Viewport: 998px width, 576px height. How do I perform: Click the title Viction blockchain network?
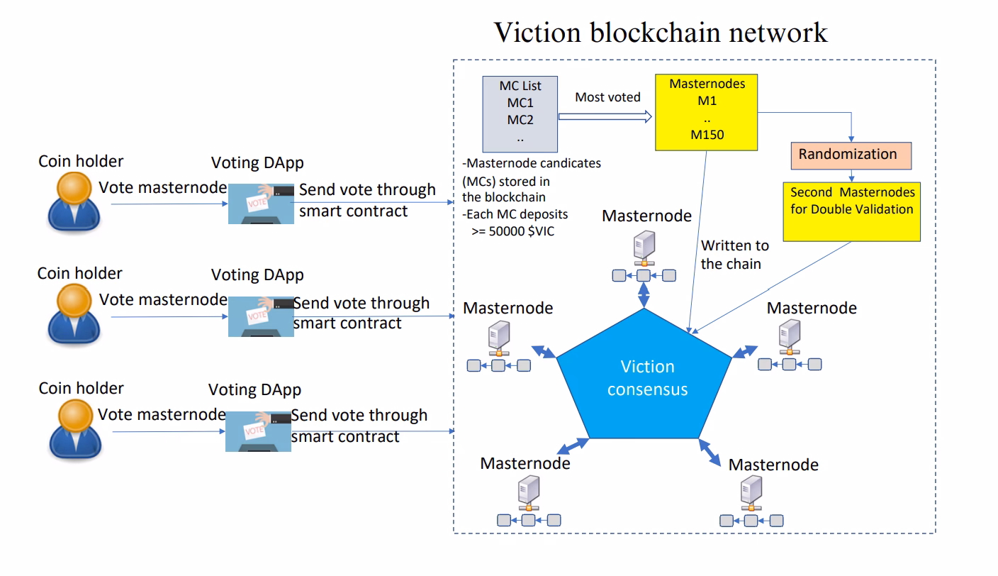[x=660, y=32]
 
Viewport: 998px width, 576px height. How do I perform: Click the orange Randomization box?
[x=851, y=155]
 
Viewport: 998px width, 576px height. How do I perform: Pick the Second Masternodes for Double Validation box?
[x=851, y=211]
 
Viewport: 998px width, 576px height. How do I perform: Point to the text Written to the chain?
[x=734, y=255]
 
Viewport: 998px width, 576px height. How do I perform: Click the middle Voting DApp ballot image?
[x=260, y=316]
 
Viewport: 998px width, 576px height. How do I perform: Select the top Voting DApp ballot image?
[x=260, y=203]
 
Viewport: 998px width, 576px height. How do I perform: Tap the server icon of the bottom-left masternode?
[x=527, y=491]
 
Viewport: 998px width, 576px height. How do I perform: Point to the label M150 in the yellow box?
[x=707, y=133]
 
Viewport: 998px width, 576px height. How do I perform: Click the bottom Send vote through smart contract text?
[x=359, y=426]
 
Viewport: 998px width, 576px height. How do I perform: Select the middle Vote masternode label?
[x=163, y=299]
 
